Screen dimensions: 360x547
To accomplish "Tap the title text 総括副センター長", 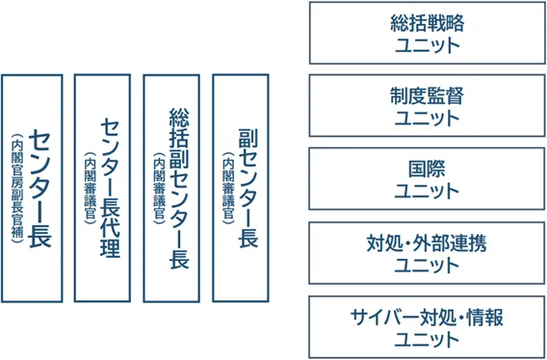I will click(177, 188).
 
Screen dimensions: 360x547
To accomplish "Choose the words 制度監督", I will click(427, 97).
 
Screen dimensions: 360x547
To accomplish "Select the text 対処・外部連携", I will click(427, 243).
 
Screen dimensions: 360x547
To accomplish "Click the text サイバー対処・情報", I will click(427, 317).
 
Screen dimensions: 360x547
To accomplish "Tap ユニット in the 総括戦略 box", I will click(427, 45).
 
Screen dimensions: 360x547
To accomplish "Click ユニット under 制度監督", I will click(427, 118).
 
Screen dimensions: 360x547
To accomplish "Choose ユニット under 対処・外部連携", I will click(427, 265).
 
